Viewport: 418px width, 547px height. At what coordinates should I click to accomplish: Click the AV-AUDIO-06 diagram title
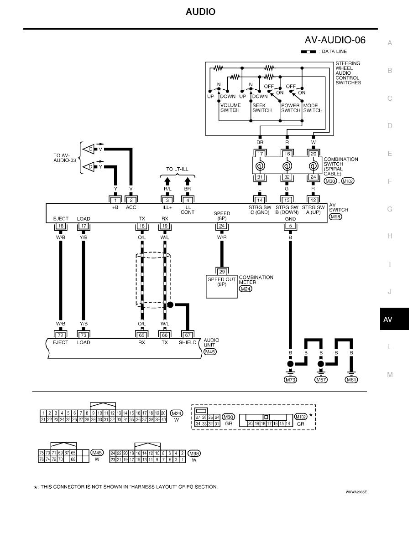tap(335, 40)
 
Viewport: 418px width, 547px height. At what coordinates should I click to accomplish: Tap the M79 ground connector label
tap(290, 380)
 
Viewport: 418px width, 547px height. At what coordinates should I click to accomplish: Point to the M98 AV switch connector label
tap(335, 217)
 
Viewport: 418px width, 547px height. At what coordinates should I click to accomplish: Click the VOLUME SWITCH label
tap(230, 108)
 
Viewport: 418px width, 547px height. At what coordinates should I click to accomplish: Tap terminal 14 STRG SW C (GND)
tap(260, 200)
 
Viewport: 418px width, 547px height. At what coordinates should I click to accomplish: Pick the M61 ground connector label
tap(351, 380)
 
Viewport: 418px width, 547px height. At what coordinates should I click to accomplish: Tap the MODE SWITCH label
tap(313, 108)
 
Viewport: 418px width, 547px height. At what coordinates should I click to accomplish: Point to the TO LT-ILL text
tap(177, 169)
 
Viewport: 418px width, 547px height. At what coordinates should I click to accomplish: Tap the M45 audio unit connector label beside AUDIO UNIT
tap(210, 352)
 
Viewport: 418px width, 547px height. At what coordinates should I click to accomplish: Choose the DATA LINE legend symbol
tap(308, 52)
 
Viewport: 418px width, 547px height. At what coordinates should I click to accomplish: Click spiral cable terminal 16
tap(287, 155)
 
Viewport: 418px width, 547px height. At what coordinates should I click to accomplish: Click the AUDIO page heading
tap(200, 12)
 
